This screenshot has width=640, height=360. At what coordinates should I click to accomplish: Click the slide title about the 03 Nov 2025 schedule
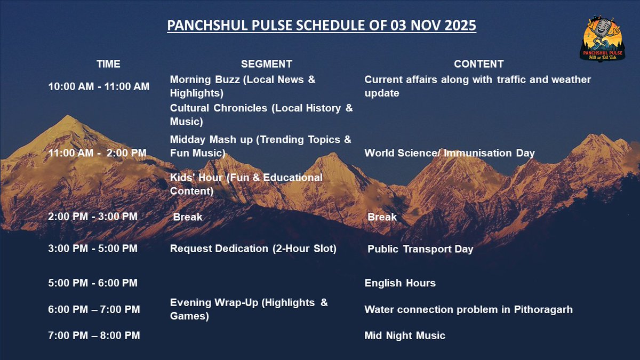[321, 26]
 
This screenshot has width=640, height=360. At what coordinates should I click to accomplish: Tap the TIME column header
[108, 64]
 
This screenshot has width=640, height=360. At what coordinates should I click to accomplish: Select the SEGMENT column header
[267, 64]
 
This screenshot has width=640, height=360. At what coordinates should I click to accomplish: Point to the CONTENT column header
[478, 64]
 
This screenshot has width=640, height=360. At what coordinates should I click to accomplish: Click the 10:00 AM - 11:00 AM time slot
[99, 86]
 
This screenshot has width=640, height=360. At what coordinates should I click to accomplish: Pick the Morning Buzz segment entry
[243, 86]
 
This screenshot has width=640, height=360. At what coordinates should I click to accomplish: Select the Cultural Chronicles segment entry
[261, 115]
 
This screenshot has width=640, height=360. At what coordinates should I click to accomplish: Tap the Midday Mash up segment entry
[261, 147]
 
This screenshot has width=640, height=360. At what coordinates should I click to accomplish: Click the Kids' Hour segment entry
[246, 184]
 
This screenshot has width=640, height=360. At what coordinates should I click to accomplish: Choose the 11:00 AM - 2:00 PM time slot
[97, 153]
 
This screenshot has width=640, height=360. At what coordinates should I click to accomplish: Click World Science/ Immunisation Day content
[450, 153]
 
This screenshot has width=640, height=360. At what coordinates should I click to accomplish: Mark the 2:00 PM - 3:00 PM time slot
[93, 217]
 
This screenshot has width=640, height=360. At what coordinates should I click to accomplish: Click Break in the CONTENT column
[382, 217]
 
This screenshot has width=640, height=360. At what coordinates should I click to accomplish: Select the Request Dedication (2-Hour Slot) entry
[253, 249]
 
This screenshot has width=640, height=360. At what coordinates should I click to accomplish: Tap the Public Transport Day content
[420, 249]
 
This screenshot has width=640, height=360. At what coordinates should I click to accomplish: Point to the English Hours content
[400, 283]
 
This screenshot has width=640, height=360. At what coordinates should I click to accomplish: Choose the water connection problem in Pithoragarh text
[468, 309]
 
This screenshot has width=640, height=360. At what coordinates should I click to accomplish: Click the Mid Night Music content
[405, 335]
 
